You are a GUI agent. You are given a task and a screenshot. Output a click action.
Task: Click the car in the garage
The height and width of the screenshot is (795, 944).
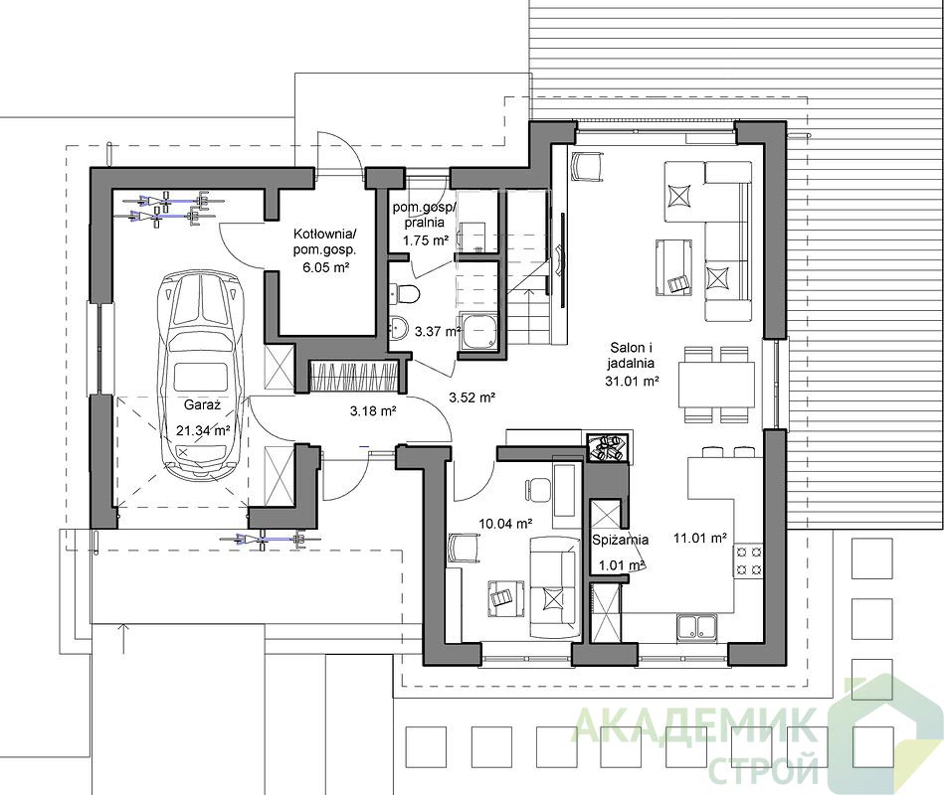(201, 377)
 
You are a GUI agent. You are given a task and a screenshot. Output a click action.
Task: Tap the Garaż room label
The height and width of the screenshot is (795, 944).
(202, 404)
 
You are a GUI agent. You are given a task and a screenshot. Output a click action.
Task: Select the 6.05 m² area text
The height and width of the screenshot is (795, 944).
(326, 267)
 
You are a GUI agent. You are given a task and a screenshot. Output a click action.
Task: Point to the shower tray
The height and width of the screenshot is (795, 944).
(479, 331)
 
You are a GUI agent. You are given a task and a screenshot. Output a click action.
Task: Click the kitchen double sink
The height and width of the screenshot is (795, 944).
(696, 627)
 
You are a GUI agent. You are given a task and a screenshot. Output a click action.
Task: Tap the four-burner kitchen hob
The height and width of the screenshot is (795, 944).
(748, 559)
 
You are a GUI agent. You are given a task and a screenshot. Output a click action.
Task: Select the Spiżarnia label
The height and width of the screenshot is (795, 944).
(620, 540)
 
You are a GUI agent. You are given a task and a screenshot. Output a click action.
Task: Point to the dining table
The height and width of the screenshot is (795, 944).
(716, 384)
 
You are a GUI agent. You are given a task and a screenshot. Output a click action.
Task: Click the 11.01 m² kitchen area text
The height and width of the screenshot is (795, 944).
(700, 539)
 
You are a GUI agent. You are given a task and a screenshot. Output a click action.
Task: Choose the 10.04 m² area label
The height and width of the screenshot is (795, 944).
(505, 523)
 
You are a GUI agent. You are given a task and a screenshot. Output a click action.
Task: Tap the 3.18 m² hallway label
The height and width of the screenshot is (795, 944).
(373, 411)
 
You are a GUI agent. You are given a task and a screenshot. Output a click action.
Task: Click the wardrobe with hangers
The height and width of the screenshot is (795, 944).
(354, 377)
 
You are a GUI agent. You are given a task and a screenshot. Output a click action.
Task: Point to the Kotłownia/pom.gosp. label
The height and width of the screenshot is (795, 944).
(325, 241)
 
